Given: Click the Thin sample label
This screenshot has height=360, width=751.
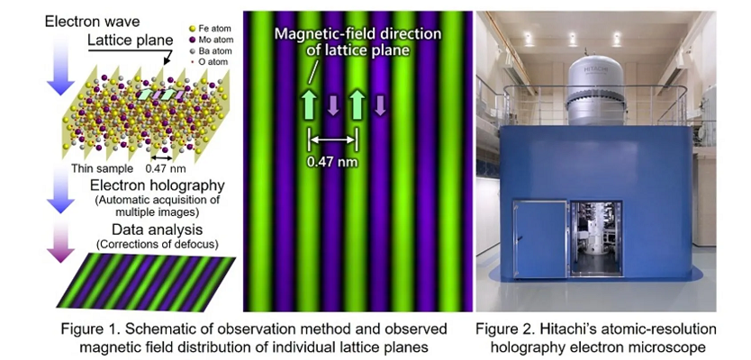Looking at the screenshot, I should click(x=94, y=167).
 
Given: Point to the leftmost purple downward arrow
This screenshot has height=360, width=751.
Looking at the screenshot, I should click(x=333, y=106).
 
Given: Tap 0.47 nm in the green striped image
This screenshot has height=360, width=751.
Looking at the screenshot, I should click(x=333, y=162).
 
